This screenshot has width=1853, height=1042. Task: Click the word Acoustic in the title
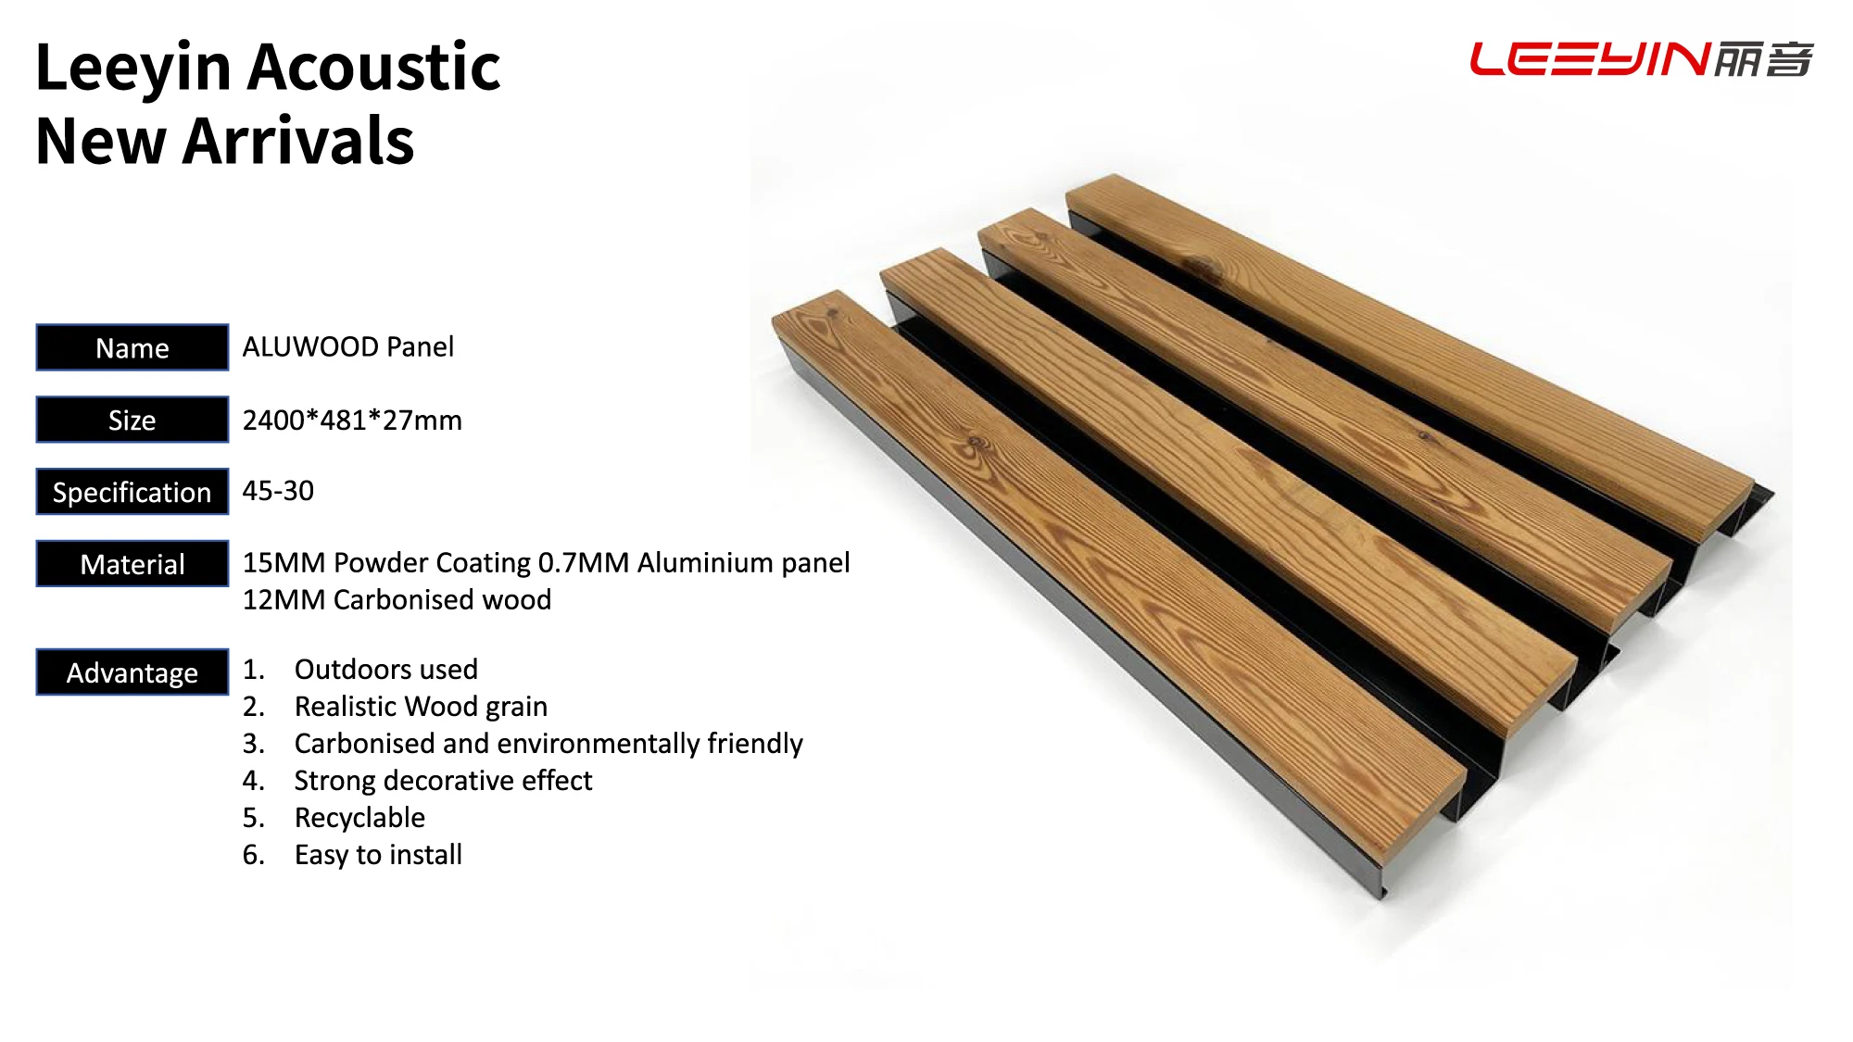(x=374, y=68)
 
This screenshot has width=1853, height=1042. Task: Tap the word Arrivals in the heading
(x=298, y=141)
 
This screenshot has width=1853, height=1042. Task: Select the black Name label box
(x=132, y=347)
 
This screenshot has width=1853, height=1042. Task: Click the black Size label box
(x=132, y=420)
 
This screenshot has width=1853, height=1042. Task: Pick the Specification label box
(x=132, y=492)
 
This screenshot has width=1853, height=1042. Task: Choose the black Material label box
(x=132, y=564)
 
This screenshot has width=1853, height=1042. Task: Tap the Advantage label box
(x=132, y=672)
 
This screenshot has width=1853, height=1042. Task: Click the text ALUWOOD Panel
(x=348, y=346)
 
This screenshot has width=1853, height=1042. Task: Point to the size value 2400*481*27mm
(x=352, y=420)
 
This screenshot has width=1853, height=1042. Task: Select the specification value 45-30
(x=278, y=491)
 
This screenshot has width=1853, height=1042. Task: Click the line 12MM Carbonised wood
(x=397, y=599)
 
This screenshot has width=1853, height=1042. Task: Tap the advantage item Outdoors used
(x=386, y=669)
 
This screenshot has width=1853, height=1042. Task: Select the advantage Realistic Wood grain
(x=421, y=707)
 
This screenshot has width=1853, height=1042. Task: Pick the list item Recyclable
(x=359, y=818)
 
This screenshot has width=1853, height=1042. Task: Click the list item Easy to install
(x=378, y=855)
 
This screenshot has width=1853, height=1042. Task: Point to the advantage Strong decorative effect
(x=443, y=781)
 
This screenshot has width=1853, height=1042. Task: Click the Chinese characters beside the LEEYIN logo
(x=1763, y=59)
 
